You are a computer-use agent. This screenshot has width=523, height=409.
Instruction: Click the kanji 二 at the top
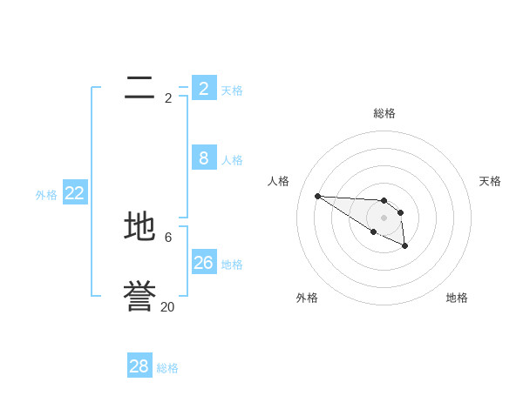(139, 88)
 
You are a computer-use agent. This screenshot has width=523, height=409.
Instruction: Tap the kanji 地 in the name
(139, 227)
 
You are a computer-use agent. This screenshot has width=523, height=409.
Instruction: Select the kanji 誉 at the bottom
(139, 297)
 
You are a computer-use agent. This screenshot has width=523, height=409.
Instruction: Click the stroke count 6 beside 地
(168, 237)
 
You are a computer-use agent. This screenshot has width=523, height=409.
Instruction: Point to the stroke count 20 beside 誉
(167, 306)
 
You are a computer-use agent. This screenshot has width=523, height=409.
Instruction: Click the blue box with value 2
(204, 88)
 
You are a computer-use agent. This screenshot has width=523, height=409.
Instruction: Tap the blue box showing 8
(204, 158)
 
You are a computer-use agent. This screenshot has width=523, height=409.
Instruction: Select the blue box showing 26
(204, 262)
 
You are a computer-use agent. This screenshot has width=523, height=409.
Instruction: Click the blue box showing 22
(75, 193)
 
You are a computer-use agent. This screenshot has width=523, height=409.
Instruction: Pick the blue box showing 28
(139, 366)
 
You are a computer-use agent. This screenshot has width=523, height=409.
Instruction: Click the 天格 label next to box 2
(232, 91)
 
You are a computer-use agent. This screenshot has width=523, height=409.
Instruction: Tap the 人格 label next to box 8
(232, 160)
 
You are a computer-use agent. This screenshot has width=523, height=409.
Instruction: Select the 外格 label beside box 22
(46, 196)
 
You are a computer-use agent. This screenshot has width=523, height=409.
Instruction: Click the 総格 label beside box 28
(167, 369)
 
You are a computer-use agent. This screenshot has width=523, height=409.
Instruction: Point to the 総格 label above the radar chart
(384, 113)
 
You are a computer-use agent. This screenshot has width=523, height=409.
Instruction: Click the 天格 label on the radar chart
(490, 181)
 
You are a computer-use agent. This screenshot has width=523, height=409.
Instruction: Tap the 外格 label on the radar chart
(307, 298)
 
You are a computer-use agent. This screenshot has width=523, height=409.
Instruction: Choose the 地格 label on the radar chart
(457, 298)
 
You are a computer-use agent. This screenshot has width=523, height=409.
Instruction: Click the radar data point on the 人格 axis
(317, 196)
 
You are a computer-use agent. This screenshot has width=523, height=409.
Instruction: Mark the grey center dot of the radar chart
(384, 218)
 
